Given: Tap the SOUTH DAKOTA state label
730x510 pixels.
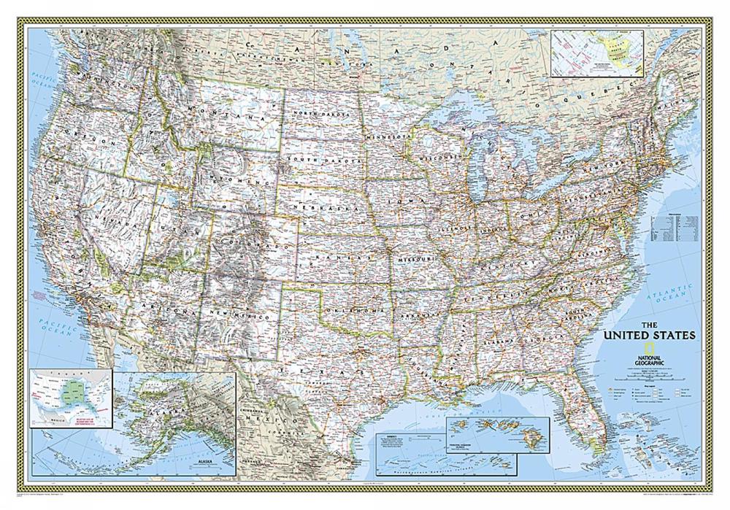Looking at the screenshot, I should coord(325,159).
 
